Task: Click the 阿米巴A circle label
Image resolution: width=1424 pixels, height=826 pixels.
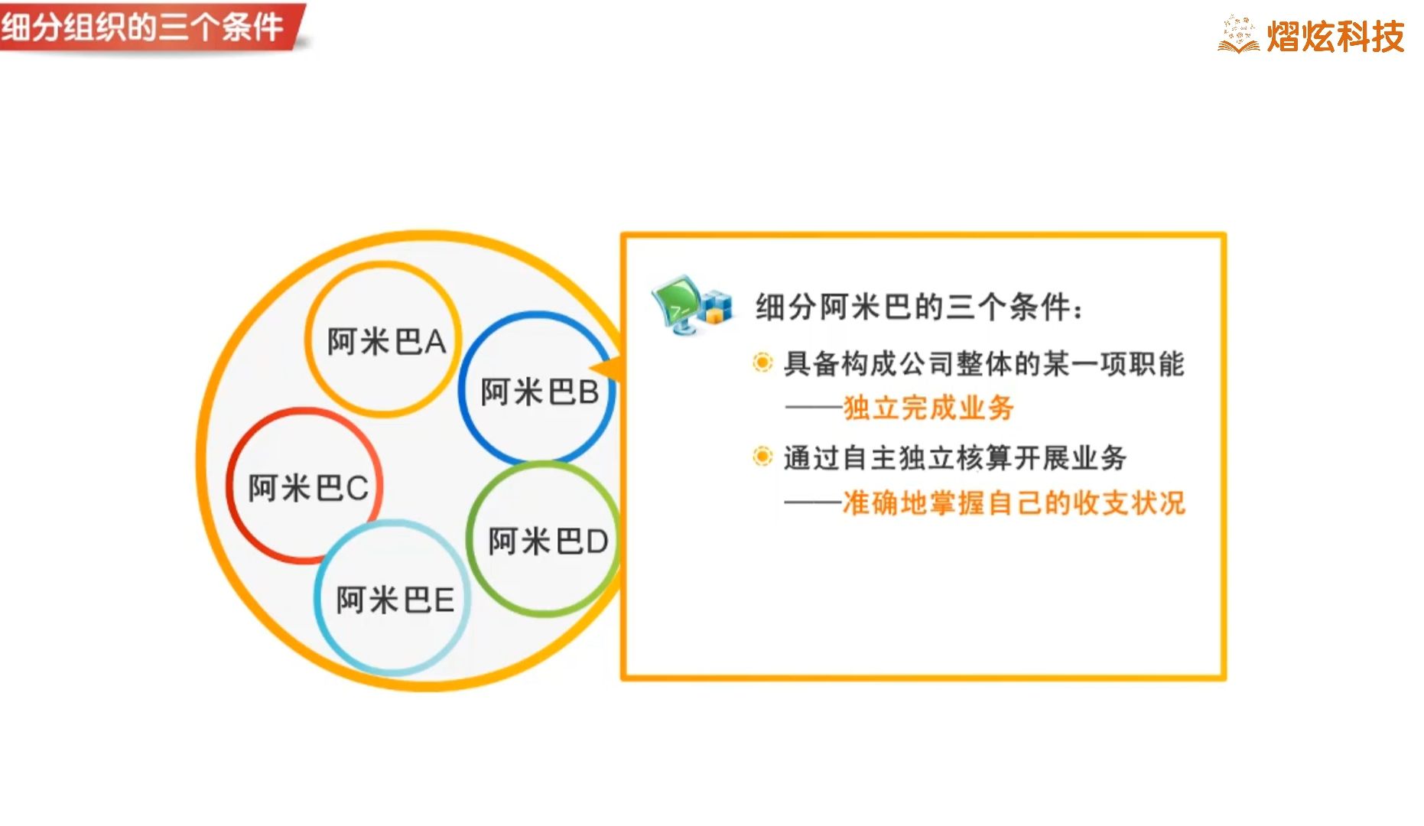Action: (x=386, y=342)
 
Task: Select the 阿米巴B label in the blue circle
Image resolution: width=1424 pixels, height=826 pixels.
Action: (x=539, y=392)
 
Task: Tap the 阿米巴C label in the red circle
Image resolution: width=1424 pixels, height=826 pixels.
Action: (x=308, y=488)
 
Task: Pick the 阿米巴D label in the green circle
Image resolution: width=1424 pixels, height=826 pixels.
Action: (x=548, y=541)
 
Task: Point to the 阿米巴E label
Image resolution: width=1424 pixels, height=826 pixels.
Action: (x=395, y=600)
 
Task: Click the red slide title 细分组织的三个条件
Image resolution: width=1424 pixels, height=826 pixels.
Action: (x=143, y=28)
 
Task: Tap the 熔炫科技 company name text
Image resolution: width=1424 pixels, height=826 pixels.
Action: (x=1335, y=36)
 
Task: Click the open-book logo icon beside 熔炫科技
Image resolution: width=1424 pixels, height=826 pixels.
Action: (x=1238, y=35)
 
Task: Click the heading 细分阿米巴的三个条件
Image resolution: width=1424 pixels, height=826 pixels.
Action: (x=918, y=307)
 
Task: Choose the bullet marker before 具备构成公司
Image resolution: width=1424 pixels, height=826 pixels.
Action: (x=762, y=362)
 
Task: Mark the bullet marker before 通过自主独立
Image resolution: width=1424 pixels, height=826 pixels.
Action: (x=762, y=457)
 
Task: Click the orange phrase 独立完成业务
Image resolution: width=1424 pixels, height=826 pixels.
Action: (x=928, y=408)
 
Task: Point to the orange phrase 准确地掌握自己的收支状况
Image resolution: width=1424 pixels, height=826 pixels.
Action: (x=1013, y=503)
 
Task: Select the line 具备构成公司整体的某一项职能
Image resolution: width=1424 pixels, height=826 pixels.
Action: (x=983, y=363)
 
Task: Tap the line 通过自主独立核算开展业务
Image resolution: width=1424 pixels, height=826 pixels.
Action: (x=954, y=458)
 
